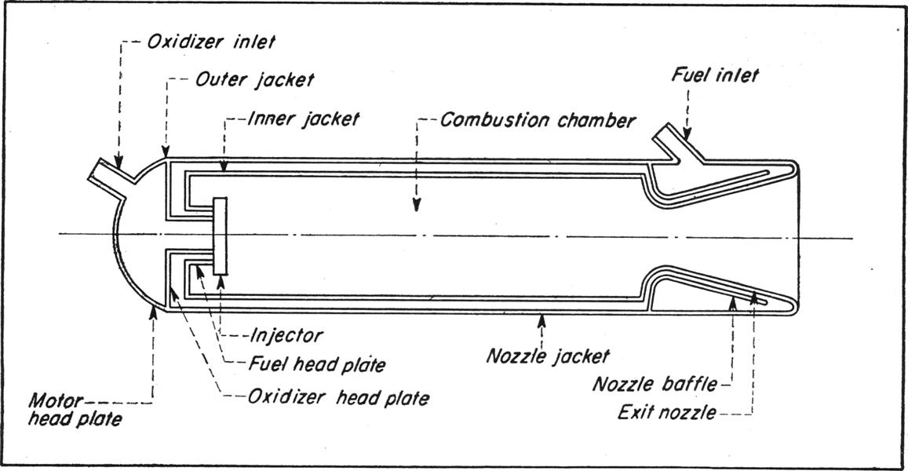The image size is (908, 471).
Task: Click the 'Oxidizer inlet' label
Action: click(211, 42)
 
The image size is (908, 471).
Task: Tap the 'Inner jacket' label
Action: click(303, 119)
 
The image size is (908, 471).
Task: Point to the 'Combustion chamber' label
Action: click(538, 121)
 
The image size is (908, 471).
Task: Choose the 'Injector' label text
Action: click(286, 335)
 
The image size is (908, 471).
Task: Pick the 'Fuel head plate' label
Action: click(318, 365)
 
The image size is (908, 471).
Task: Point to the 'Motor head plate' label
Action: click(75, 409)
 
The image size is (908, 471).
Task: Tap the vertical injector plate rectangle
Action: click(221, 235)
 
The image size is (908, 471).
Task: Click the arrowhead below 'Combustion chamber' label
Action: click(417, 206)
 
